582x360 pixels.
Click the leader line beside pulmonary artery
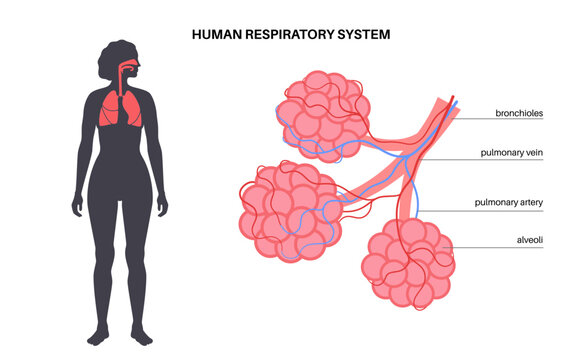[450, 202]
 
